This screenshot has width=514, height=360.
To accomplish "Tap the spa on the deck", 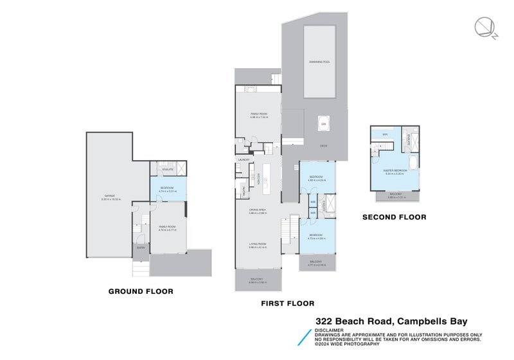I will pos(323,123).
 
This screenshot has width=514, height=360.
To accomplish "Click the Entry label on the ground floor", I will pos(139,249).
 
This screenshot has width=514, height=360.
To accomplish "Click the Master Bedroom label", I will pos(395,170).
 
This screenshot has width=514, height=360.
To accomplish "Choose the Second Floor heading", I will pos(394,217).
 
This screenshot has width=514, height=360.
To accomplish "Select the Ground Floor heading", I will pos(140,291).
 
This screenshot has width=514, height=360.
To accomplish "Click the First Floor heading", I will pos(287,303).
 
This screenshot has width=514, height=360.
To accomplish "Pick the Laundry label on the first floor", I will pos(244,159).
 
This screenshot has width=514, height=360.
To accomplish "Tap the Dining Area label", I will pos(258,210).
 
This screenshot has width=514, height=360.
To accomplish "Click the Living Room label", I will pos(258,244).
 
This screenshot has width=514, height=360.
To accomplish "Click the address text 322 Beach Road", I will pos(355,321).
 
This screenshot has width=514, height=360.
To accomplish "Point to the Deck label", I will pos(324,146).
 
